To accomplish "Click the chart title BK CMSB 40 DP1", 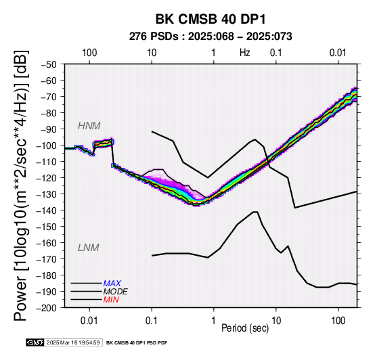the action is tap(211, 19).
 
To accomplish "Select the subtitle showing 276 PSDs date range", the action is tap(211, 37).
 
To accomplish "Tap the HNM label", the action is tap(89, 126).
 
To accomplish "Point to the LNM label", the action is tap(89, 248).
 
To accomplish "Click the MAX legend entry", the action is tap(112, 284).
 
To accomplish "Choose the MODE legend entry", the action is tap(115, 292).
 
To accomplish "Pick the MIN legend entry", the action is tap(111, 300).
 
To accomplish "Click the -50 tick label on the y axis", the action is tap(49, 64).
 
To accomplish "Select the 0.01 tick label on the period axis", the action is tap(89, 321).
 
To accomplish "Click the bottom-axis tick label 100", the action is tap(338, 321).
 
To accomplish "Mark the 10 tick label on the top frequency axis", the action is tap(152, 53).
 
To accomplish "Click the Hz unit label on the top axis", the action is tap(245, 53).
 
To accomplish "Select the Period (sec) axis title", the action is tap(245, 328).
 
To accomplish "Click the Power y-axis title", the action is tap(21, 185).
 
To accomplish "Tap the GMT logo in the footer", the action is tap(35, 342).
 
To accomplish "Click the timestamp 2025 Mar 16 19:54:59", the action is tap(73, 342).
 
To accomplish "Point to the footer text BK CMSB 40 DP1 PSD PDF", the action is tap(137, 343).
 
